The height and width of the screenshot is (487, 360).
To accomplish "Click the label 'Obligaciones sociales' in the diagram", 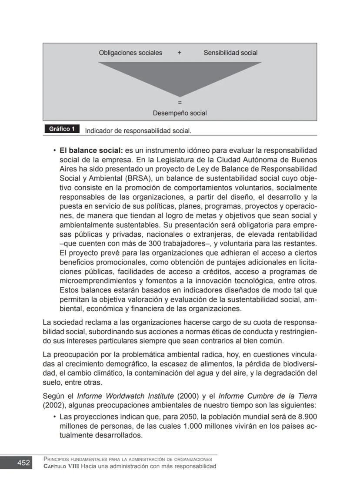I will coord(130,53).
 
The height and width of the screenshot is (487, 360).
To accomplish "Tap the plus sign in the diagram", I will coord(179,53).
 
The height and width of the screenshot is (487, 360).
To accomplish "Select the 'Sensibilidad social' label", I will coord(230,53).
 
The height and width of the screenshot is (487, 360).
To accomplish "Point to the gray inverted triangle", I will coord(180,74).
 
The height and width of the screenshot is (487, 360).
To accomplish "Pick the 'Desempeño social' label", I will coord(180,113).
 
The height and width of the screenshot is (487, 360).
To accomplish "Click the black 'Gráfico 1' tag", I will coord(62,129).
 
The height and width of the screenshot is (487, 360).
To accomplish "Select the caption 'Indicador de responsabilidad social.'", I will coord(138,131).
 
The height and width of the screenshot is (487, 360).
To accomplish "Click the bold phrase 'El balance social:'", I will coord(91,151).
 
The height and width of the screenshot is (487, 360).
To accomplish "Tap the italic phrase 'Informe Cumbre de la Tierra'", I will coord(267,396).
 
